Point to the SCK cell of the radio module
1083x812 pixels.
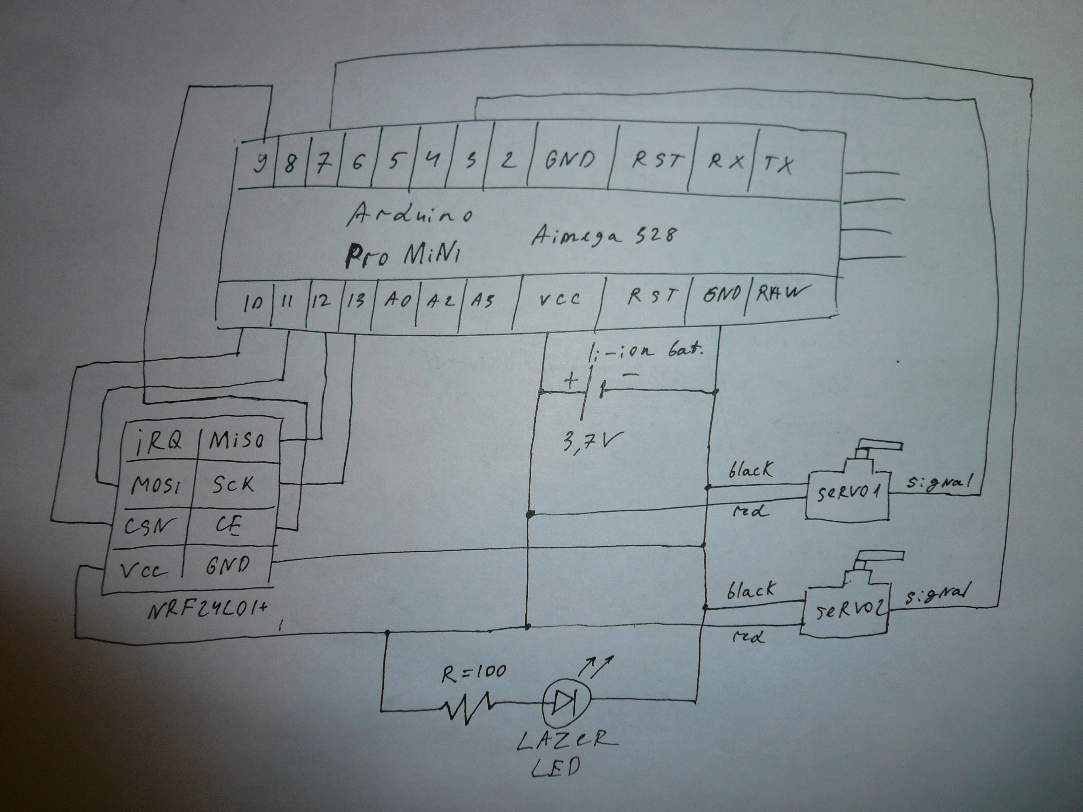click(233, 485)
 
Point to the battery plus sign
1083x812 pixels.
click(571, 380)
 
